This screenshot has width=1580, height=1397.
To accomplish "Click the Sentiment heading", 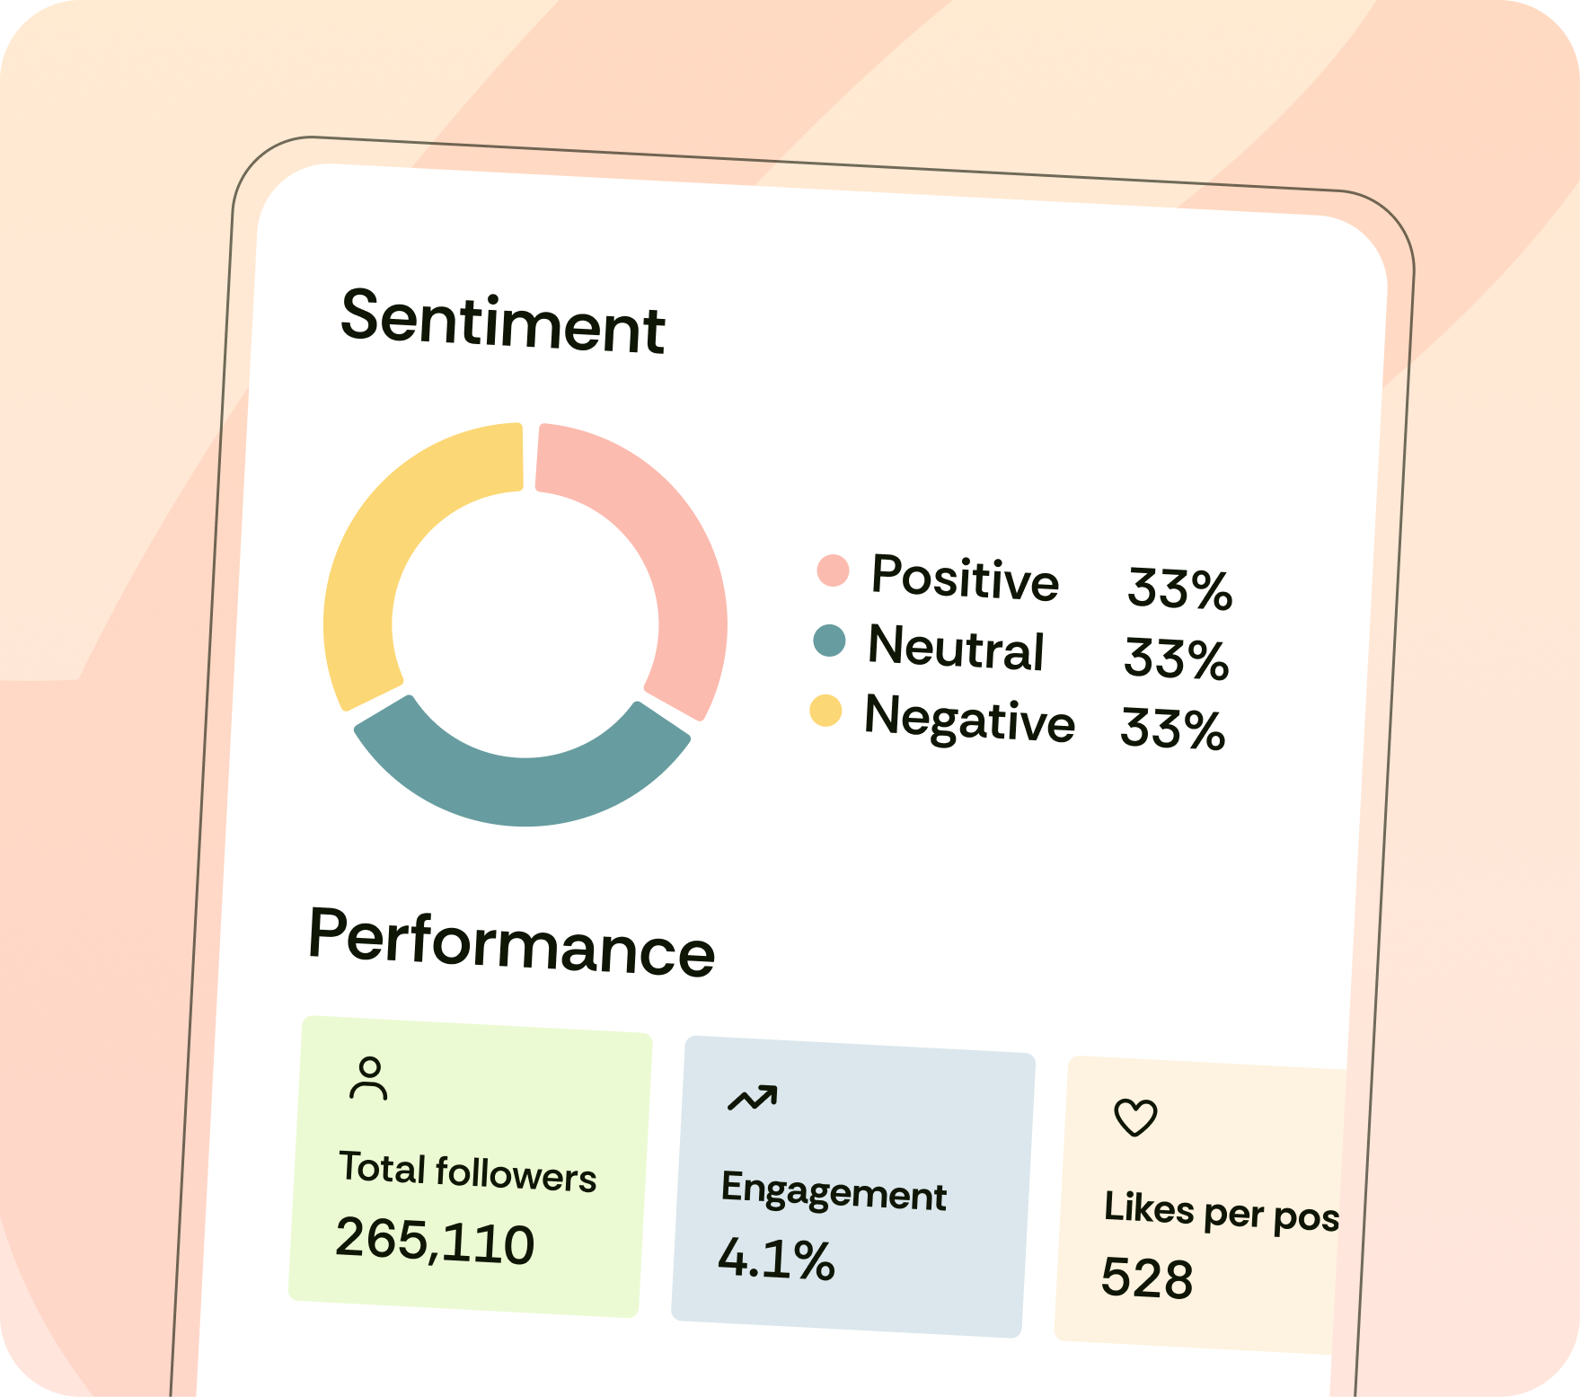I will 502,322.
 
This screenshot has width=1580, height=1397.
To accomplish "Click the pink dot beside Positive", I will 833,570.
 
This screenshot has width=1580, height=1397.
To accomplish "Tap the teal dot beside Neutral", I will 829,641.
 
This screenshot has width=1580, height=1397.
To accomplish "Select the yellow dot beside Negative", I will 825,710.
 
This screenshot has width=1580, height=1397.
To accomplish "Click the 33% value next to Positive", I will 1179,589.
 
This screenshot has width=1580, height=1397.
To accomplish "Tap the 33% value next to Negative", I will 1172,729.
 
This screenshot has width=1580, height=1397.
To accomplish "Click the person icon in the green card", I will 368,1078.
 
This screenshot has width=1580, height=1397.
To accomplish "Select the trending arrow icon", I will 753,1098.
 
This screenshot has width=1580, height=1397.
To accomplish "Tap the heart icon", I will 1135,1118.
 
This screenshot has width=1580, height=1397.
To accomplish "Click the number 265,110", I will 435,1242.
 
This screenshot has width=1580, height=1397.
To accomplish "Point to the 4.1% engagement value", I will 776,1260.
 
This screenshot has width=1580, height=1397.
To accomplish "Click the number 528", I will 1147,1278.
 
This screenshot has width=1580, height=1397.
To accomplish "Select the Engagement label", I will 834,1192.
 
